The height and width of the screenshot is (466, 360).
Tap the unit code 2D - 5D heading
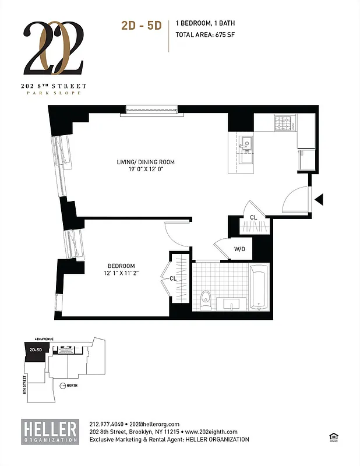(x=141, y=25)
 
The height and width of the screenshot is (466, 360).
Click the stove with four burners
(x=285, y=122)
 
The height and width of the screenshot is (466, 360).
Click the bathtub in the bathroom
(x=259, y=287)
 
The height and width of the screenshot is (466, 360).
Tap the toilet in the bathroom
(x=204, y=298)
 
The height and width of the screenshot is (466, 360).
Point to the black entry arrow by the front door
(x=319, y=200)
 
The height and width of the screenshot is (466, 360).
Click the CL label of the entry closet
(x=253, y=217)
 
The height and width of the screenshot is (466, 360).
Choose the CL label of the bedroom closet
(x=173, y=278)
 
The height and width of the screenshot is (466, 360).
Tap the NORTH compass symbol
(x=63, y=385)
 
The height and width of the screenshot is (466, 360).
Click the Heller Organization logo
(x=50, y=431)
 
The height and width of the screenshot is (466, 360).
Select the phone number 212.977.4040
(x=106, y=424)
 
